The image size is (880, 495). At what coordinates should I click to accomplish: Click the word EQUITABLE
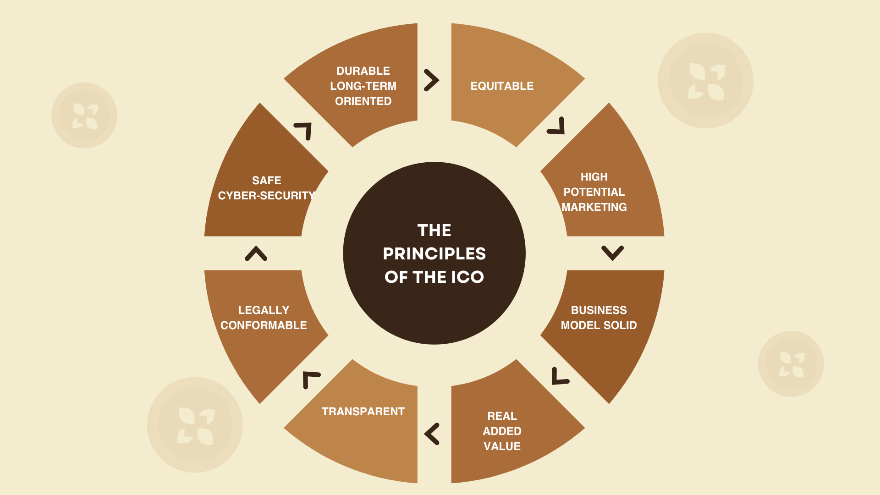502,86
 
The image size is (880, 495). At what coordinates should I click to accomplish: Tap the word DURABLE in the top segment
363,71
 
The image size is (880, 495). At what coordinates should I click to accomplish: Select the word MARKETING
594,207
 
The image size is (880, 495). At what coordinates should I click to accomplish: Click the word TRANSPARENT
363,412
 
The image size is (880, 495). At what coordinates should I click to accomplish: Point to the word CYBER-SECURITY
266,196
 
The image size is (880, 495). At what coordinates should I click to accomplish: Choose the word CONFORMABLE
264,325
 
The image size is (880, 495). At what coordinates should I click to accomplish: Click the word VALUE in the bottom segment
502,446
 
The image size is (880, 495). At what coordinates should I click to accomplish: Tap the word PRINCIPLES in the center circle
434,254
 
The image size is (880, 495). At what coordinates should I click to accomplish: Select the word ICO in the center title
467,277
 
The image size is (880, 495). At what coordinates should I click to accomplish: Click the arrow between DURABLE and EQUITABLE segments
431,80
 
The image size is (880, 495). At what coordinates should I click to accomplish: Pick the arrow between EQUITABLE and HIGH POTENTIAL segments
557,126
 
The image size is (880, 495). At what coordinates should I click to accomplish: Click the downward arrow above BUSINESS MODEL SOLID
612,253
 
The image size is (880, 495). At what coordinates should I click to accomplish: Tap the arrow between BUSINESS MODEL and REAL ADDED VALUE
559,376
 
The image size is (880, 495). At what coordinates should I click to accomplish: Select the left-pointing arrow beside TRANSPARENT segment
432,434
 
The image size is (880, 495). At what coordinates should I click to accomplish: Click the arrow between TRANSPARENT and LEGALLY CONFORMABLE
310,379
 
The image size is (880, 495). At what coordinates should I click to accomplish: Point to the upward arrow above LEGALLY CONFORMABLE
256,253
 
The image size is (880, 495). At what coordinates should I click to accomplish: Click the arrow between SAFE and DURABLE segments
304,130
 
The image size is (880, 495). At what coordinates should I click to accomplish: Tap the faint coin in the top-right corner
705,81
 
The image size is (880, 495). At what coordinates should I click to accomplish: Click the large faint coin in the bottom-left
195,425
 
